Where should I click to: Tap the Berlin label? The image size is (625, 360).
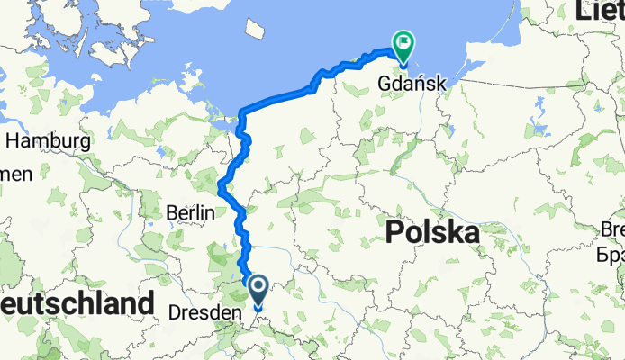click(191, 213)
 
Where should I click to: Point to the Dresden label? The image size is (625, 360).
click(206, 313)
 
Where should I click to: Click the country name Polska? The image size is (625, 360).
click(431, 234)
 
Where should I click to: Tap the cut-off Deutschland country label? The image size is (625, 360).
click(76, 303)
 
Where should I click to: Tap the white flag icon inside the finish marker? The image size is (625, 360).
click(403, 41)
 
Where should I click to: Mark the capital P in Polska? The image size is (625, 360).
click(394, 234)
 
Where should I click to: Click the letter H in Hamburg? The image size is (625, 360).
click(14, 141)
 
